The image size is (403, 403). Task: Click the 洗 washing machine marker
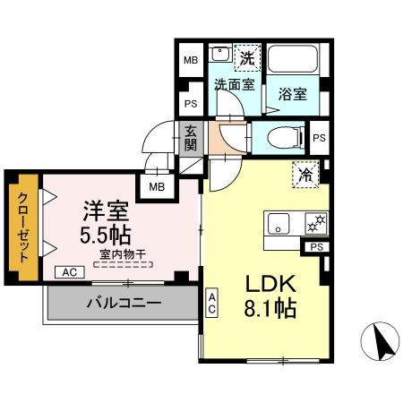(246, 56)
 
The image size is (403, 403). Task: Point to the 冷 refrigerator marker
(304, 176)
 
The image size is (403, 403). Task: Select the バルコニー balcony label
(124, 303)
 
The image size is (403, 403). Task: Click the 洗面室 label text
(232, 84)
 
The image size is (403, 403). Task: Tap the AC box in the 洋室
(68, 272)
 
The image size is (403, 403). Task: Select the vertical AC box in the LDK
(212, 303)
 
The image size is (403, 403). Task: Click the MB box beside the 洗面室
(190, 61)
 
